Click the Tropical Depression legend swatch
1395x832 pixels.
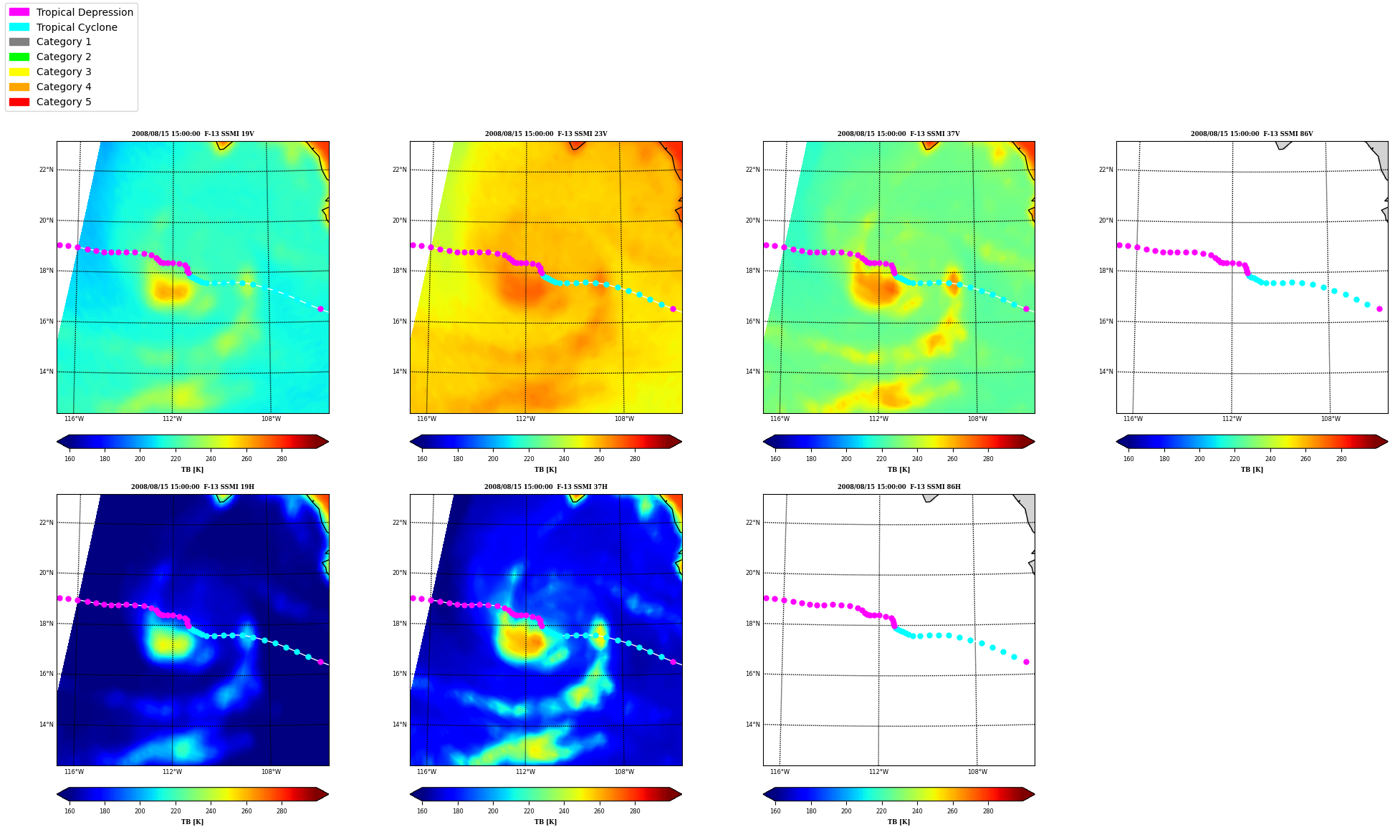(x=19, y=12)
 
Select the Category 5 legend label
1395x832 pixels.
(x=64, y=102)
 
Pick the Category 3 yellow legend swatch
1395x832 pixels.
(x=19, y=72)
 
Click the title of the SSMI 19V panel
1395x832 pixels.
(x=193, y=134)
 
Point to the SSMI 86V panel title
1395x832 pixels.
(x=1252, y=134)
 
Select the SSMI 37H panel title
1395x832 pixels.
(x=545, y=487)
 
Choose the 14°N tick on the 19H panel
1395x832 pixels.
(x=46, y=725)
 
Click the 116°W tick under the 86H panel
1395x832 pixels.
(x=780, y=772)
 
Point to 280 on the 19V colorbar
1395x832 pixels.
(x=282, y=459)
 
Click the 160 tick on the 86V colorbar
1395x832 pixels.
(x=1128, y=459)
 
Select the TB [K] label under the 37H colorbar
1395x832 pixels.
(x=545, y=822)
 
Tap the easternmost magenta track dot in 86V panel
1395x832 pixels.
(x=1379, y=309)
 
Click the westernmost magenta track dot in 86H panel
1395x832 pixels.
(x=766, y=598)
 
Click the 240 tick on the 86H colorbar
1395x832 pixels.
(x=916, y=811)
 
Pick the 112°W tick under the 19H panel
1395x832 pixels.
(x=172, y=772)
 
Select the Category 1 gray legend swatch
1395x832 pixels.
(x=19, y=42)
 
